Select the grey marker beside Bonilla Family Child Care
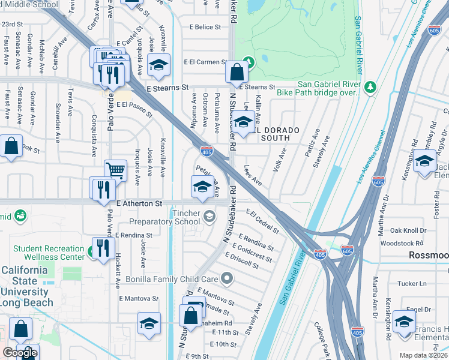click(x=227, y=278)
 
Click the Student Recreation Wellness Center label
click(x=49, y=253)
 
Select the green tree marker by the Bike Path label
click(x=370, y=86)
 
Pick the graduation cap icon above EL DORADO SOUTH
click(x=243, y=121)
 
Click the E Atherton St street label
click(x=139, y=204)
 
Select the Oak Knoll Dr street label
click(x=408, y=230)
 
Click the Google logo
click(x=20, y=353)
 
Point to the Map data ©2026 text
click(x=423, y=355)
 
